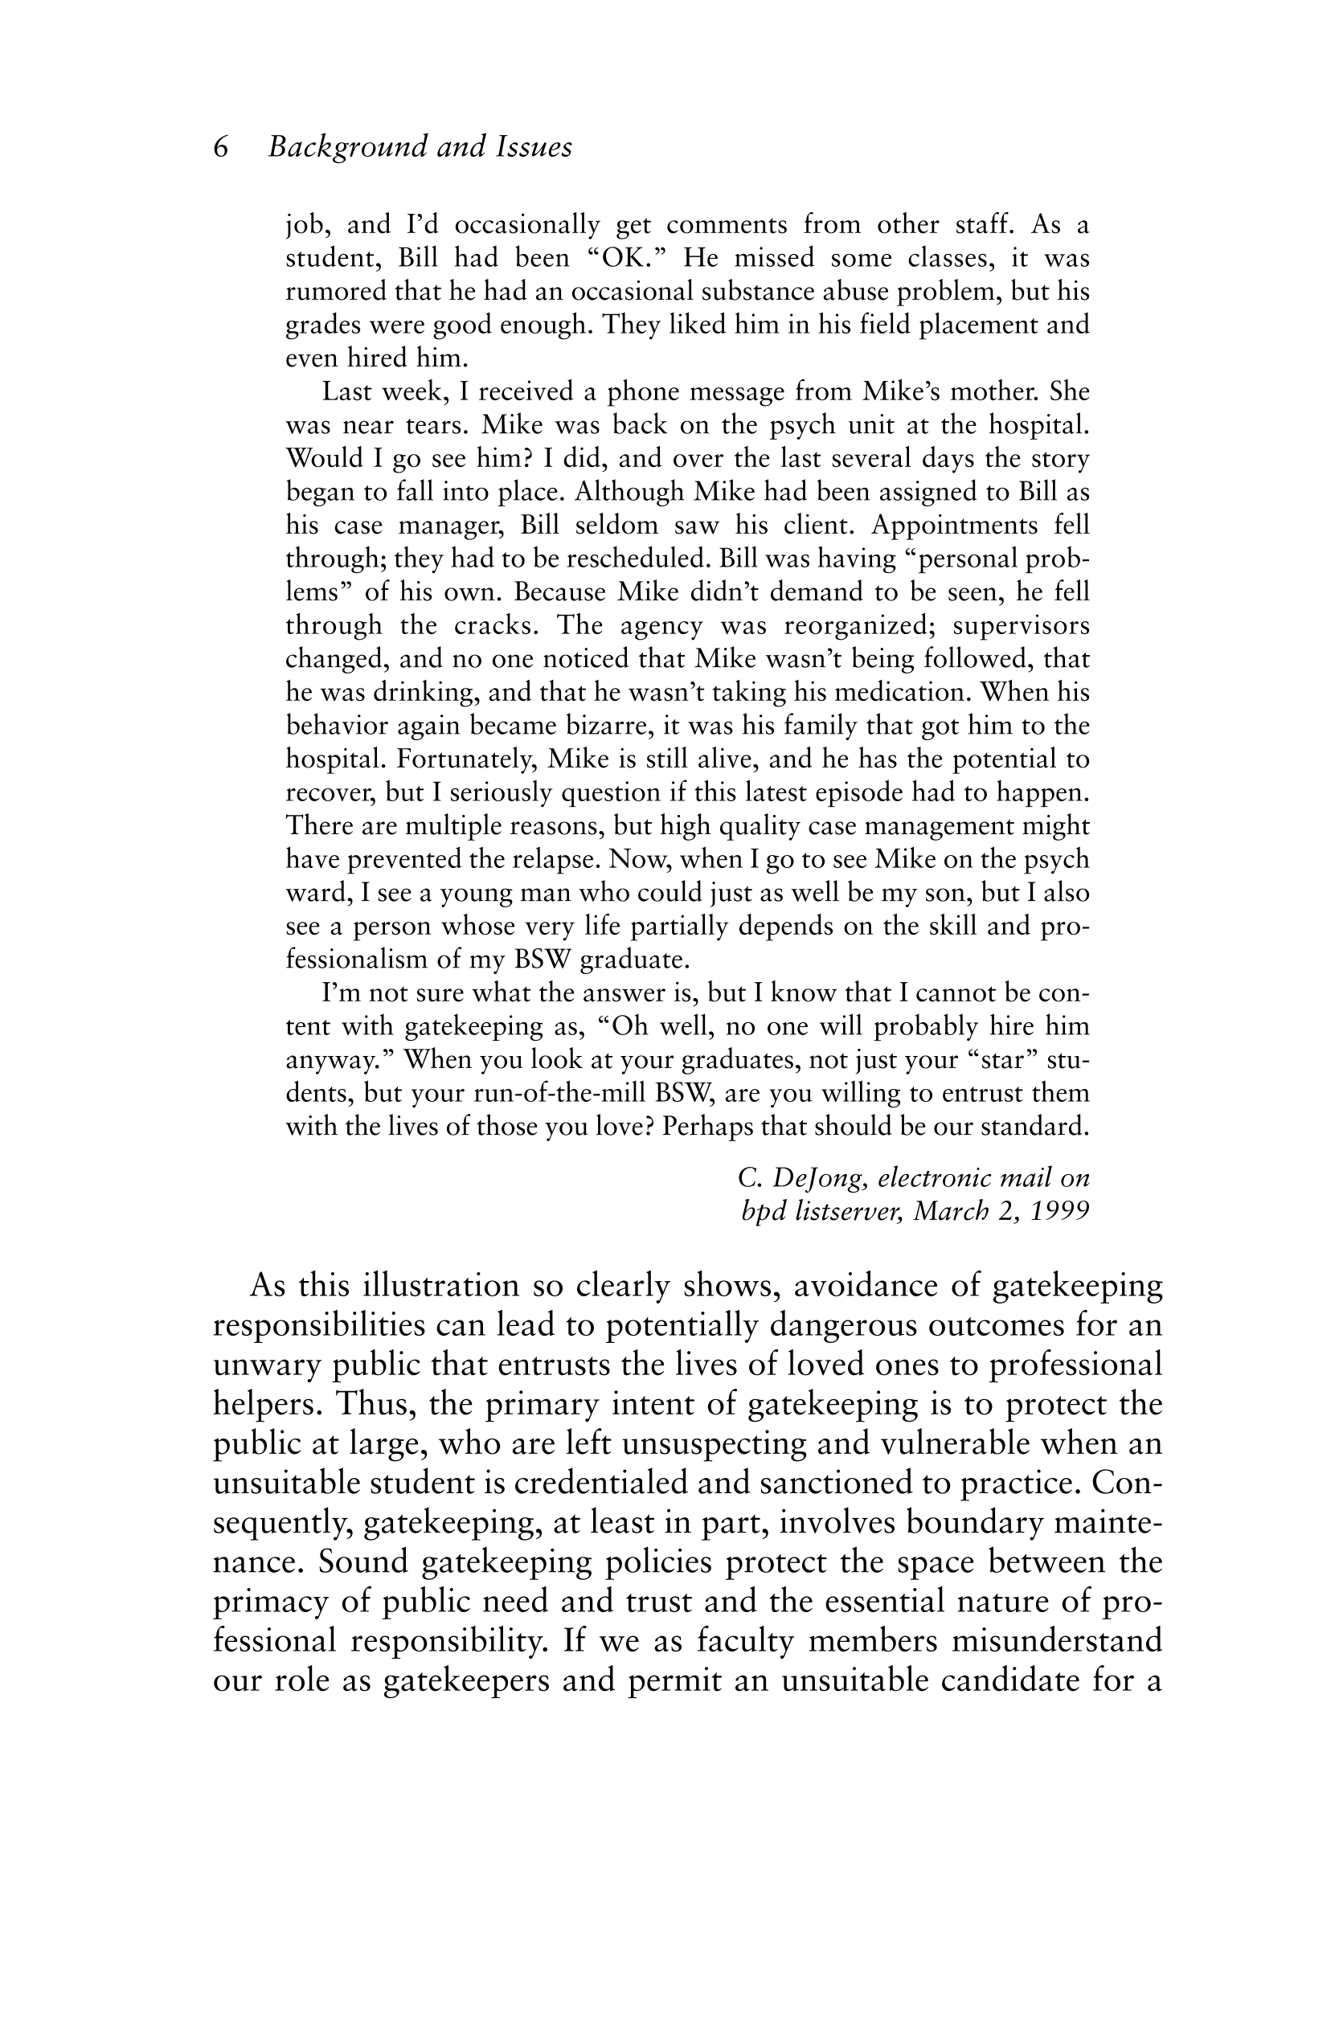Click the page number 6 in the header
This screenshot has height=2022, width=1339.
tap(221, 148)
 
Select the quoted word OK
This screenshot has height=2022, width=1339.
tap(630, 258)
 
